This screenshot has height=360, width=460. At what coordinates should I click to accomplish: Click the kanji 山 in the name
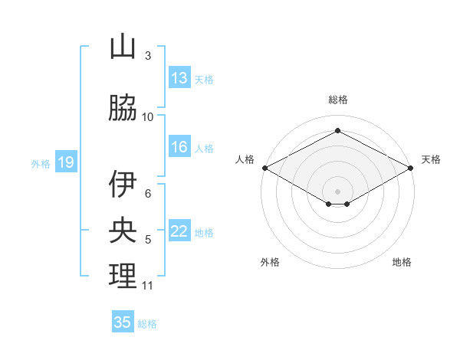point(123,47)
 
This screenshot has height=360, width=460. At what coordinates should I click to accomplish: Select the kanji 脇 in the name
point(123,110)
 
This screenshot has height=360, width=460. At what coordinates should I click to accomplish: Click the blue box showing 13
point(179,78)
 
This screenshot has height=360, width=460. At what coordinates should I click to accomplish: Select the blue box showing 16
point(179,148)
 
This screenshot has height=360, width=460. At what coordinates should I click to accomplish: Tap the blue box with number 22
point(179,232)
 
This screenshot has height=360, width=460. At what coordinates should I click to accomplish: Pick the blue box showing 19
point(65,162)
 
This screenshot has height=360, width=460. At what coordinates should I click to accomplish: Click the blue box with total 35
point(123,322)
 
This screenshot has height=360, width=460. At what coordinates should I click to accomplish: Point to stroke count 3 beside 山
point(148,55)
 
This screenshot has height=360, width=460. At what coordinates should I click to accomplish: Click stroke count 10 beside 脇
point(148,117)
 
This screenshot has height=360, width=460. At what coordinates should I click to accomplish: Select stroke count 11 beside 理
point(148,286)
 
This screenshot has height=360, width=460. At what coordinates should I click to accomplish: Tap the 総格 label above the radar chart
point(337,100)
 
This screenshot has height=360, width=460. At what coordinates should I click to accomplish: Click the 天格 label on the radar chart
point(431,159)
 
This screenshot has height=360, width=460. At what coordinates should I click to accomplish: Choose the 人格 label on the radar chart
point(245,159)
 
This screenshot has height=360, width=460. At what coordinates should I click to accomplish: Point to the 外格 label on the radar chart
point(270,262)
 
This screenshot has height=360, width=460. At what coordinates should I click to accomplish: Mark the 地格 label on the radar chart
point(402,262)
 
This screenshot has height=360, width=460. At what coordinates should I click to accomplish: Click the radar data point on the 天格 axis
point(412,167)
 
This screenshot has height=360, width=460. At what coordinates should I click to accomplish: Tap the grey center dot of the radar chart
point(337,191)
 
